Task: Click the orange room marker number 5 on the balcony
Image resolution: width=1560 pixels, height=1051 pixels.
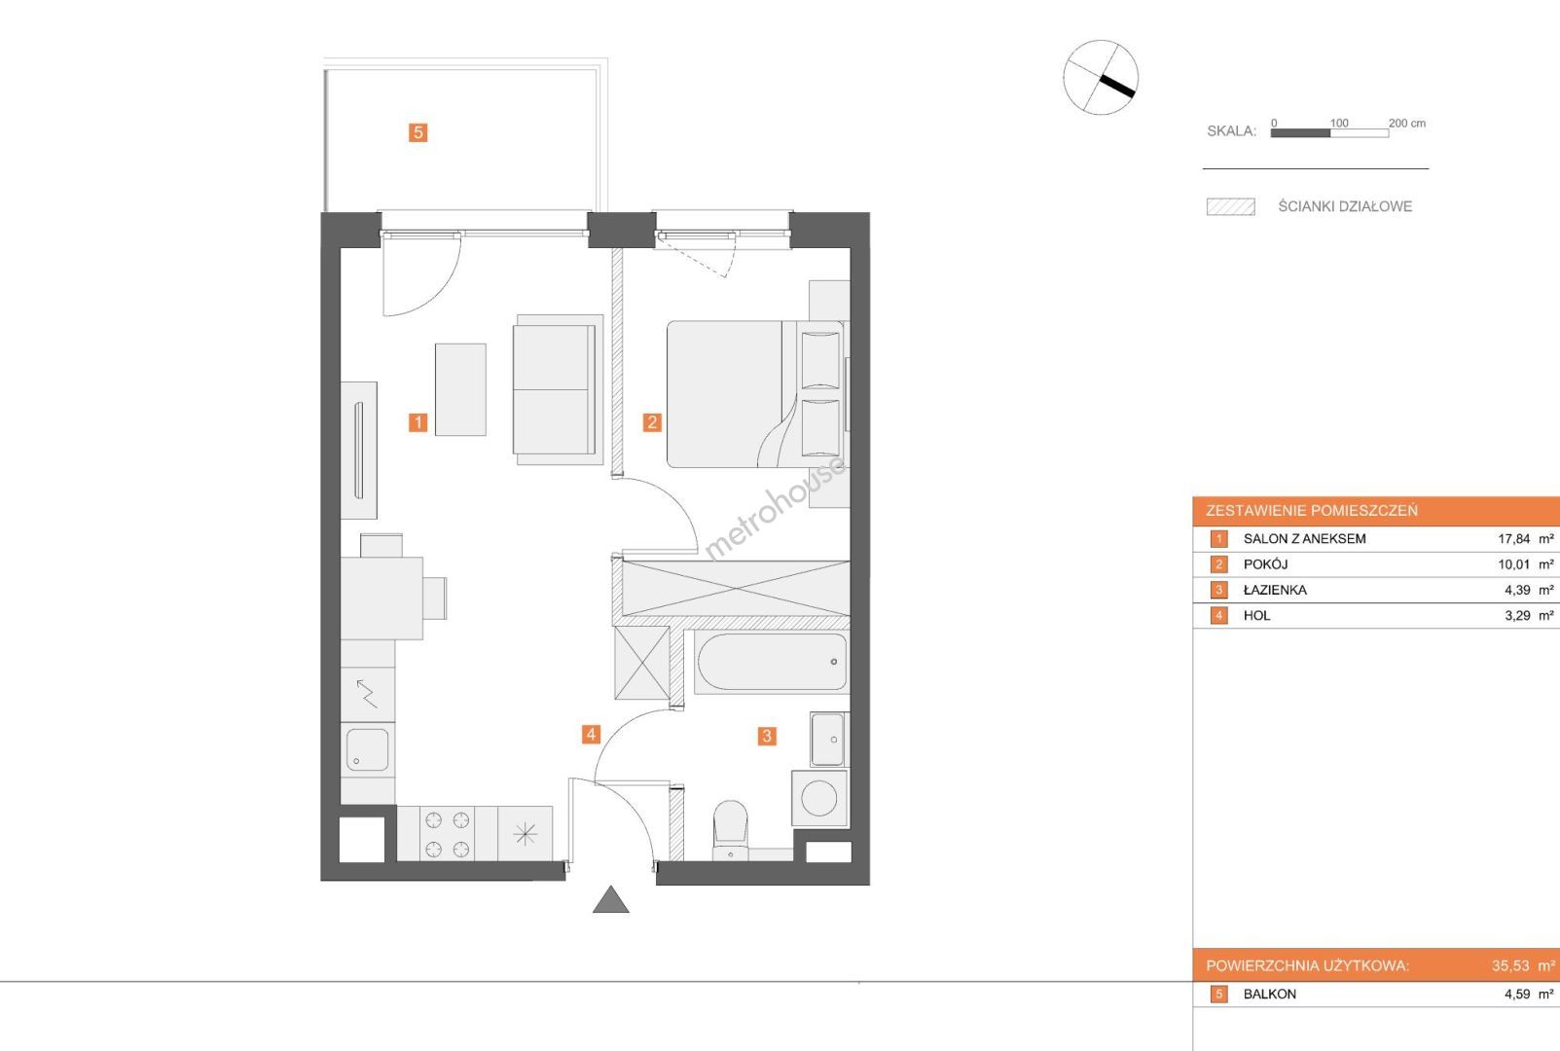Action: pos(417,132)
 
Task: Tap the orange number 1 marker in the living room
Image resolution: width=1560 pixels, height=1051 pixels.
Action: pos(417,422)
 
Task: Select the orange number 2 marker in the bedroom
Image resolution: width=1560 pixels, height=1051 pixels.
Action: pos(652,422)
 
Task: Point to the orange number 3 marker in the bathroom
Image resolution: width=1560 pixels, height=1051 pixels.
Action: pos(767,737)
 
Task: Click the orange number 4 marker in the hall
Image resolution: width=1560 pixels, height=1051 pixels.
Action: pos(591,734)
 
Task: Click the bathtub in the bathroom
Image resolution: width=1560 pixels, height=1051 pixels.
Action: pos(772,662)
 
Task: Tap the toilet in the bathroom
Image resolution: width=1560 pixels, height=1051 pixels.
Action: pos(731,830)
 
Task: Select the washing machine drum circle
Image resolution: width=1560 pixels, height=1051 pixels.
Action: pos(819,798)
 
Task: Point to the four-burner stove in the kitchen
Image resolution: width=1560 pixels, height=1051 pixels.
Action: pos(447,834)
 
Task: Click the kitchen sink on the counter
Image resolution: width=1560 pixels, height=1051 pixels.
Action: pos(367,750)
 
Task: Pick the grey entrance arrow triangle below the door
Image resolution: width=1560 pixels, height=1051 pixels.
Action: pos(611,899)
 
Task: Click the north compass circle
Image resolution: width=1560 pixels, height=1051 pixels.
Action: pos(1101,77)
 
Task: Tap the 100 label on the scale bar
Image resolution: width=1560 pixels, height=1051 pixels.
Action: pos(1339,124)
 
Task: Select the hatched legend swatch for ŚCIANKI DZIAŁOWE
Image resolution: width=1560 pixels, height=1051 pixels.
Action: pos(1231,207)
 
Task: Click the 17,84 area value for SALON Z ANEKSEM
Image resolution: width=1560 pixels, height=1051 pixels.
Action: pos(1514,538)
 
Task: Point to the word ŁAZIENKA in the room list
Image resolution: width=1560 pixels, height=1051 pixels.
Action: pos(1275,590)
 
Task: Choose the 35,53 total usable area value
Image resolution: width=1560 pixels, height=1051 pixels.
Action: pos(1510,966)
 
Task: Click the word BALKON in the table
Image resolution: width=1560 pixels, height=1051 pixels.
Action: pos(1270,994)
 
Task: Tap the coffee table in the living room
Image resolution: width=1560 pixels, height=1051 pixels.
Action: pos(460,389)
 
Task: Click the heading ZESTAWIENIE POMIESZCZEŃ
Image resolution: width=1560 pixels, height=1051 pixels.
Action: pos(1312,511)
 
